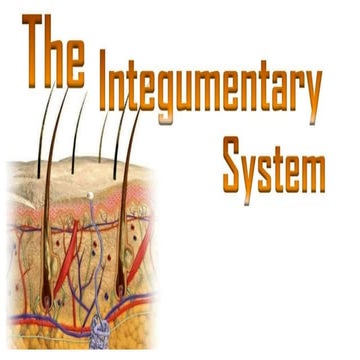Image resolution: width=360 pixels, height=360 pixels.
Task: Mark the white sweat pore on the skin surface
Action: [x=89, y=195]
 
